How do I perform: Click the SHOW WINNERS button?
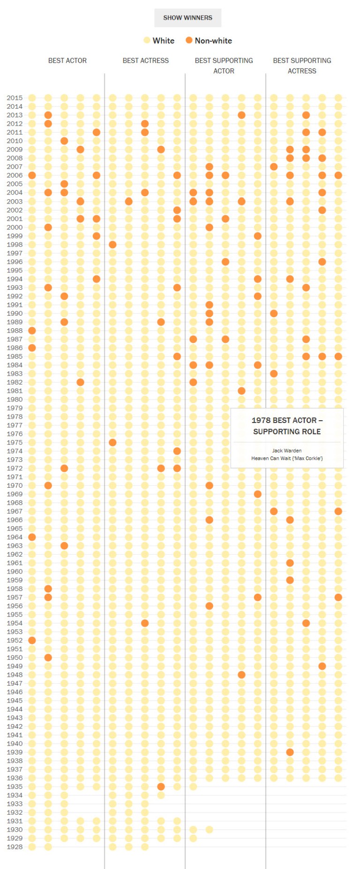coord(187,18)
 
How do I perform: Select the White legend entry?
coord(159,41)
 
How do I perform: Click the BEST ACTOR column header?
coord(67,60)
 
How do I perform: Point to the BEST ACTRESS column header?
coord(145,60)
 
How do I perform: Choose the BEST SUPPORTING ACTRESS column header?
coord(302,66)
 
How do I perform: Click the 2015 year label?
coord(15,98)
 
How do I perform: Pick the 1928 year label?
coord(15,847)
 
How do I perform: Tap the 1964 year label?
coord(15,537)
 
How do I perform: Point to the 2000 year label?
coord(15,227)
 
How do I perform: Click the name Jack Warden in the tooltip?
coord(287,451)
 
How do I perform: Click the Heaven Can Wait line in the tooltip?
coord(287,458)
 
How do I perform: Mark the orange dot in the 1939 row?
coord(290,752)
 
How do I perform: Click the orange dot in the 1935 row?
coord(161,786)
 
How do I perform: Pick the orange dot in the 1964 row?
coord(32,537)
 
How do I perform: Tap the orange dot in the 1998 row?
coord(112,244)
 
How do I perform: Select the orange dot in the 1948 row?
coord(241,675)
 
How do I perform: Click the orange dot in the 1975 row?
coord(112,442)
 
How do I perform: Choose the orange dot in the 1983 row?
coord(274,374)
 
